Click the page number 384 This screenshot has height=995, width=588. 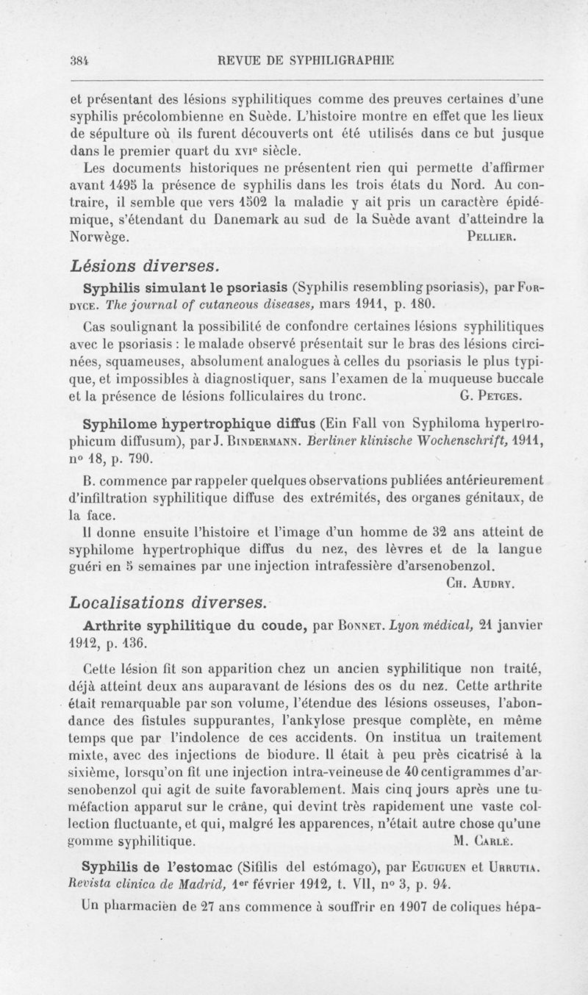coord(53,62)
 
